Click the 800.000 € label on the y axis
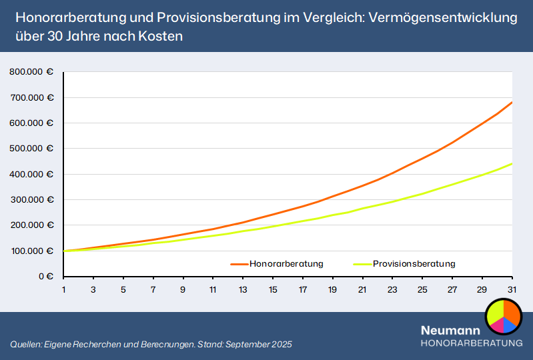[x=31, y=72]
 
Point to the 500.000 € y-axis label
[x=31, y=149]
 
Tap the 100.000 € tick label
[x=31, y=251]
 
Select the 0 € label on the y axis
[x=45, y=276]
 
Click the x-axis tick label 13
[x=243, y=290]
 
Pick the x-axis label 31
[x=512, y=290]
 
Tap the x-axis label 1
[x=64, y=290]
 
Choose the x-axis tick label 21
[x=362, y=290]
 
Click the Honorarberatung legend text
[x=286, y=264]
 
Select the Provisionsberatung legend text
[x=414, y=264]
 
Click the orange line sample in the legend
[x=239, y=264]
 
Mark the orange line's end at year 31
[x=512, y=102]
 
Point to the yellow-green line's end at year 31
[x=512, y=163]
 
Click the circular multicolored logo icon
[x=503, y=317]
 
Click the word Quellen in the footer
[x=25, y=345]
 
